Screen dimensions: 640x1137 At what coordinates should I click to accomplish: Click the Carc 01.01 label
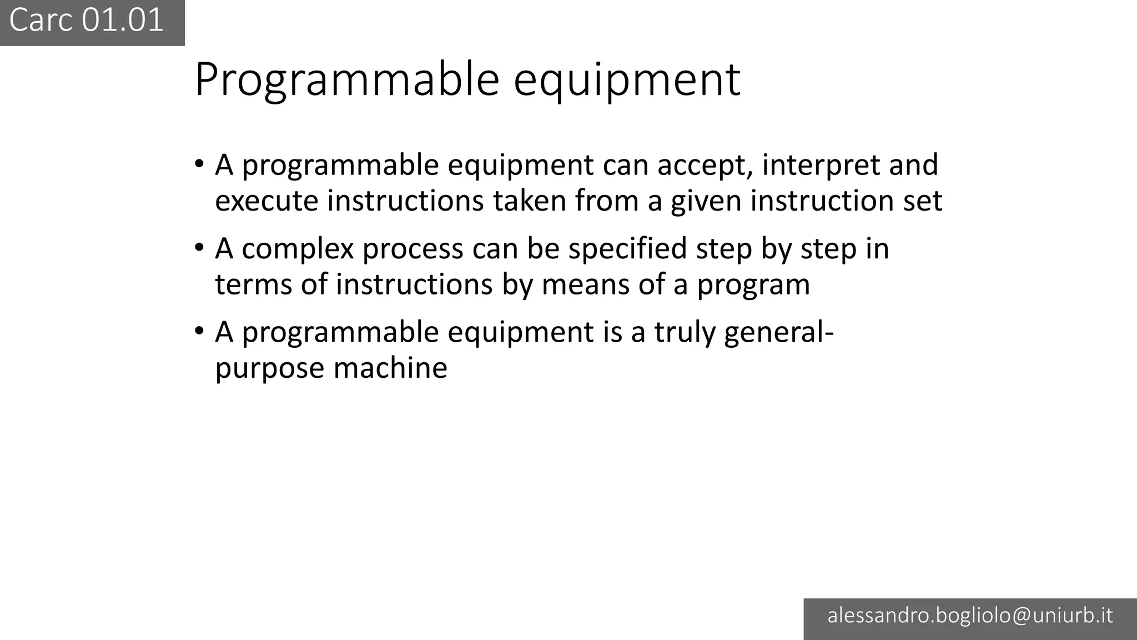coord(87,21)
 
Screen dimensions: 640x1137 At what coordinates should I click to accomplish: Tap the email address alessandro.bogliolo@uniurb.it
coord(970,616)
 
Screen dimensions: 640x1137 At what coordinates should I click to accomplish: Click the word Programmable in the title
coord(347,79)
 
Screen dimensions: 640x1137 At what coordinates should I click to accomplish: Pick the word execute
coord(266,201)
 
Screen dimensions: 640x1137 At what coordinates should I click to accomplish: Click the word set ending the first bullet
coord(922,201)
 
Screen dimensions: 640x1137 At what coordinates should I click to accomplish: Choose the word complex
coord(298,249)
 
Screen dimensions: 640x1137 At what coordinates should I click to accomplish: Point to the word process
coord(412,249)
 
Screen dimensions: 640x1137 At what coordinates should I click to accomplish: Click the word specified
coord(627,248)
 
